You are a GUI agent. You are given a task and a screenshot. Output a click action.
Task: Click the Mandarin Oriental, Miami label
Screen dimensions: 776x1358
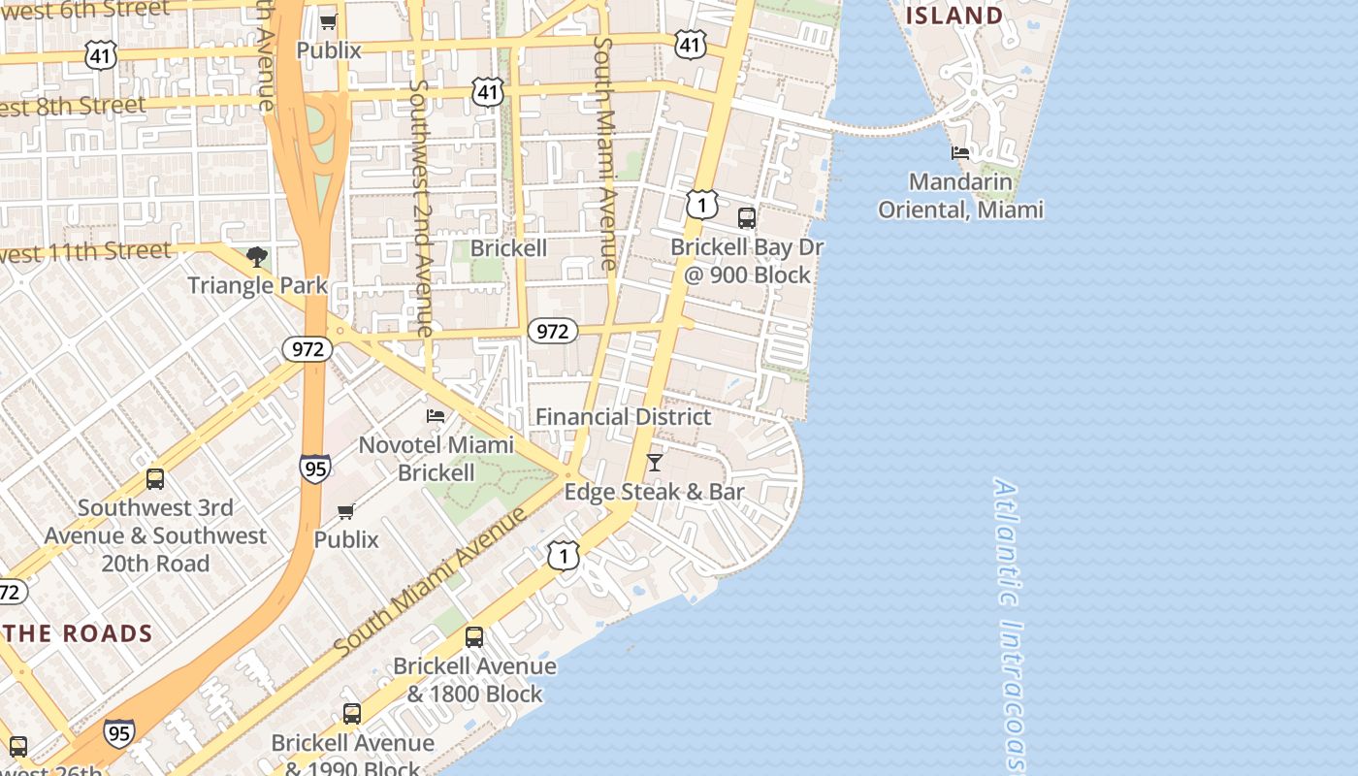(960, 195)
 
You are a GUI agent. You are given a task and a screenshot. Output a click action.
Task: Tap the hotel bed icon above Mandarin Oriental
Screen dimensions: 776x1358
(960, 153)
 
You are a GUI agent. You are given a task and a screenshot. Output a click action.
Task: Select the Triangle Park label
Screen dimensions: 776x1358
(257, 285)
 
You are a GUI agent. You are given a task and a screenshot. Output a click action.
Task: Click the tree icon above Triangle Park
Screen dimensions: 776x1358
(257, 257)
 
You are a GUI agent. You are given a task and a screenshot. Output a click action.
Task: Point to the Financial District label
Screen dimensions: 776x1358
(623, 417)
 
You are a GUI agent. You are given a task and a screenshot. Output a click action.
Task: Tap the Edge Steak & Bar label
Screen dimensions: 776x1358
(654, 492)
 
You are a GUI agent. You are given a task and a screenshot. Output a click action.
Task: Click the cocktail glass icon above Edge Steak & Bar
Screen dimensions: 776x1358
(655, 463)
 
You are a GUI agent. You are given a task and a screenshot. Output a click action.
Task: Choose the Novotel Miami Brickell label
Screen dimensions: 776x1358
(436, 459)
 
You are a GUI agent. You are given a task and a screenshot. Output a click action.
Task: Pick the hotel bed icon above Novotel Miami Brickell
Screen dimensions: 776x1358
(436, 416)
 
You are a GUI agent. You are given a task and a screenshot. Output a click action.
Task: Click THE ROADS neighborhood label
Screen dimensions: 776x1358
(79, 634)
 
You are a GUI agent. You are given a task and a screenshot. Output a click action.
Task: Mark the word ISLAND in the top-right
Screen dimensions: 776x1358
(954, 16)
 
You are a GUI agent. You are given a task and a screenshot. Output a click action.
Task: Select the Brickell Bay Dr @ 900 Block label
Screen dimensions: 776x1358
(747, 261)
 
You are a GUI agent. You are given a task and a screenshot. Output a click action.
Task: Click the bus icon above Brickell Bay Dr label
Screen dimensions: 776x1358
(747, 218)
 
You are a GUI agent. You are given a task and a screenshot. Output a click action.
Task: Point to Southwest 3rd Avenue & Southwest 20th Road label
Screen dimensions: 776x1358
(155, 535)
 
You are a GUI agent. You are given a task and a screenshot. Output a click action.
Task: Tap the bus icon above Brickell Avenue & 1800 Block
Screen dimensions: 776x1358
(474, 637)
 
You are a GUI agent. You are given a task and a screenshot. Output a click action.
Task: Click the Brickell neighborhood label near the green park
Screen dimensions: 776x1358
(508, 248)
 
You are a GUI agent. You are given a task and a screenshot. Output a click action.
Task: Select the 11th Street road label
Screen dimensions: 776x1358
(87, 252)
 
